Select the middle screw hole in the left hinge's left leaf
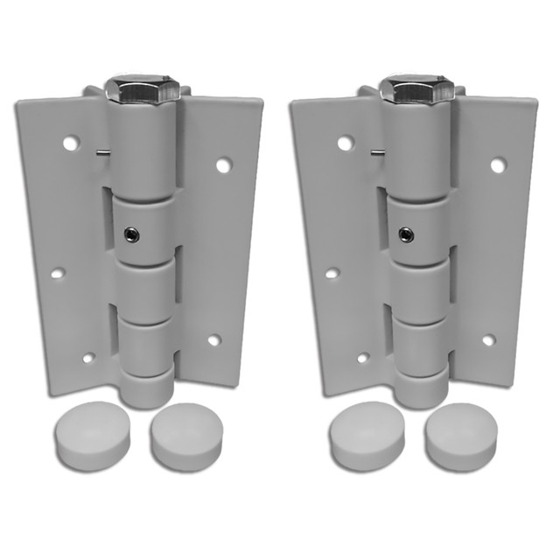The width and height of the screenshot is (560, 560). [57, 273]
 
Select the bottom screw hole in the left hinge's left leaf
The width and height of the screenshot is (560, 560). [88, 358]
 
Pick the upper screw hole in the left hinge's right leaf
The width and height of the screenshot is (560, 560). [224, 164]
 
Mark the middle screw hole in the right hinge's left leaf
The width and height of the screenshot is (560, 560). [332, 273]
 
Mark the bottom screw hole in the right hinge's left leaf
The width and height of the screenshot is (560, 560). [363, 358]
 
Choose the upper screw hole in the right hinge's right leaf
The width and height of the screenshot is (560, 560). [498, 164]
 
